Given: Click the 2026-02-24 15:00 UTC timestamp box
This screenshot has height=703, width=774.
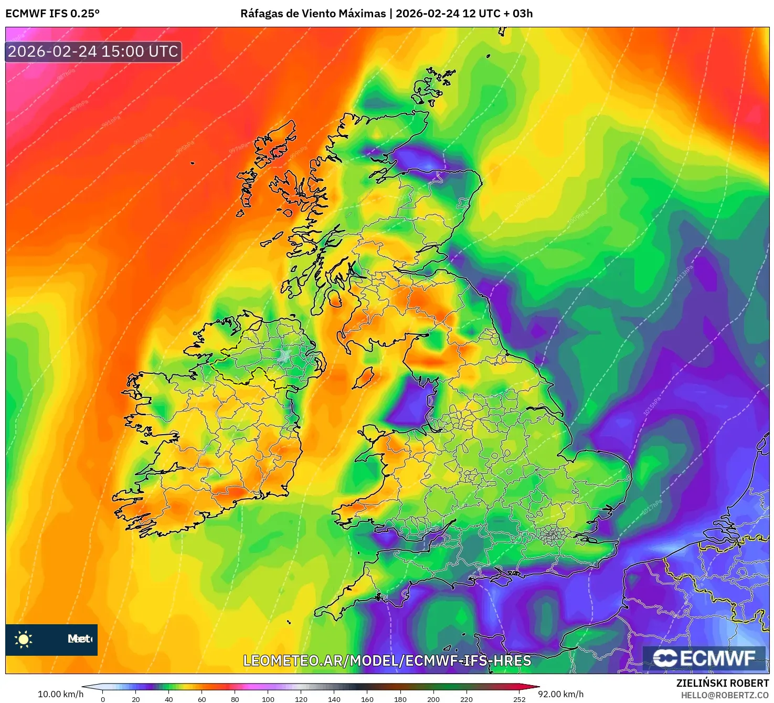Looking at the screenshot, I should tap(93, 52).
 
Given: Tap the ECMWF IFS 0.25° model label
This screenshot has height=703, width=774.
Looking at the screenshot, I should tap(52, 14).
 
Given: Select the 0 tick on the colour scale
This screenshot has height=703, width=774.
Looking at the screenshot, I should tap(103, 699).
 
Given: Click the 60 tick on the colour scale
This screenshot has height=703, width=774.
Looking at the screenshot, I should tap(202, 699).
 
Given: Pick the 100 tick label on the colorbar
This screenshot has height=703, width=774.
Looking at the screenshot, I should tap(268, 699).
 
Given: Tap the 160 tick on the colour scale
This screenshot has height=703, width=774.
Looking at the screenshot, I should tap(367, 699).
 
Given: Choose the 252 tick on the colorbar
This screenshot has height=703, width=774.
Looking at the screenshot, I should tap(519, 699).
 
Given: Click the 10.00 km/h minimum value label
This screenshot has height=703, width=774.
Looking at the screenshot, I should tap(60, 694).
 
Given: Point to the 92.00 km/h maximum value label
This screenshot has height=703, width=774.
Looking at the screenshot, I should tap(561, 694).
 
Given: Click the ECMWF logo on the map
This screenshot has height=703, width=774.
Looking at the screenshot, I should tap(704, 658).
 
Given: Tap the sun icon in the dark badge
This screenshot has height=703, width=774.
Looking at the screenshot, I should tap(24, 639).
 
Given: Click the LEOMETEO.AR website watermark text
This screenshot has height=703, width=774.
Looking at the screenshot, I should tap(387, 660).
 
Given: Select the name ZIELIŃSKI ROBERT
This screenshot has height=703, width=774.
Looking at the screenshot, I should tap(723, 683).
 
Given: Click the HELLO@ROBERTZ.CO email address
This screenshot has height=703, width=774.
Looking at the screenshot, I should tap(725, 695).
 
